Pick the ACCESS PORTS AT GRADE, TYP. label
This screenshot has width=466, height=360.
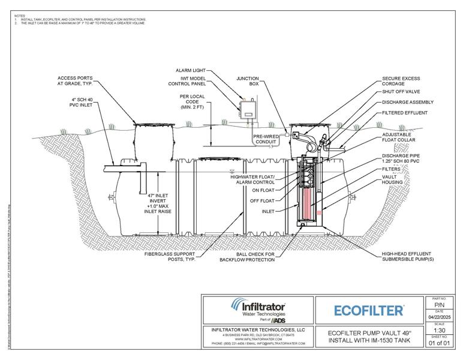pyautogui.click(x=74, y=81)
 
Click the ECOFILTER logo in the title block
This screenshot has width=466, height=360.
pyautogui.click(x=368, y=310)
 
